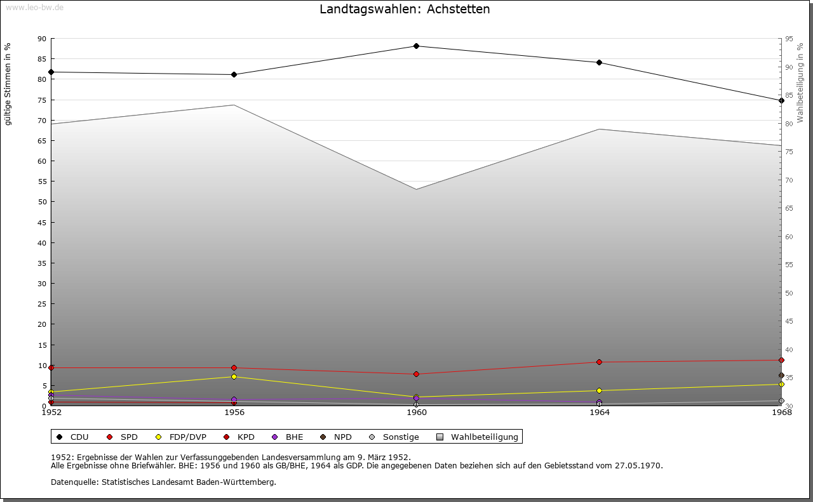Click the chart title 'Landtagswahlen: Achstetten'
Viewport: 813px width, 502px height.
point(405,10)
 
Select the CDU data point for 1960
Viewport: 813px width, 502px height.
point(417,46)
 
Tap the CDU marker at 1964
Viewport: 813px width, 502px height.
point(599,62)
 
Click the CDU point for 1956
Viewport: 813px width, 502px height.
point(234,74)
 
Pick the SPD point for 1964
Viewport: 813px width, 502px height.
point(599,362)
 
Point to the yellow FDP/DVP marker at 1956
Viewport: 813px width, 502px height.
point(234,376)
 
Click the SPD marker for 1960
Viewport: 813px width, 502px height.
point(417,374)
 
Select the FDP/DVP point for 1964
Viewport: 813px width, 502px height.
point(599,390)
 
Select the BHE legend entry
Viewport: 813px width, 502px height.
point(294,437)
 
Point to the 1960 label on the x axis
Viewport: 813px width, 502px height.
point(417,413)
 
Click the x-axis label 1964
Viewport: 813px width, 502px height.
point(599,413)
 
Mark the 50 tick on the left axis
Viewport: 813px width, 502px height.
point(42,202)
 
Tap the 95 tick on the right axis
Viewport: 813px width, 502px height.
point(789,39)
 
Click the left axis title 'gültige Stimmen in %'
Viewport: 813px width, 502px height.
point(8,84)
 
